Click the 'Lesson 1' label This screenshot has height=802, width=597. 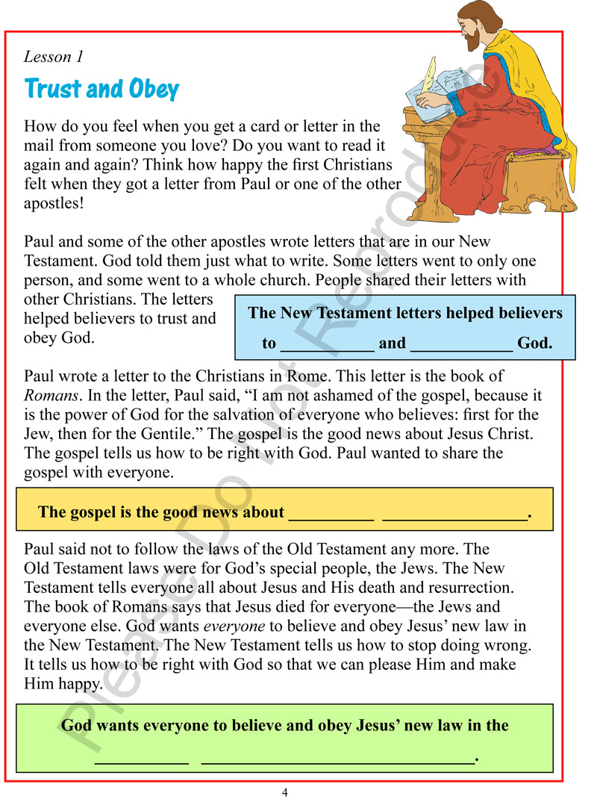[x=54, y=57]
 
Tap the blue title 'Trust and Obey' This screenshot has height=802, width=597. [x=101, y=89]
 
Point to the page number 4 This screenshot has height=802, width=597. [x=284, y=792]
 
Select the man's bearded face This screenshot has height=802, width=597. [x=471, y=28]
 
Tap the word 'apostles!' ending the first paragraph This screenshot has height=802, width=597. [x=54, y=203]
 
